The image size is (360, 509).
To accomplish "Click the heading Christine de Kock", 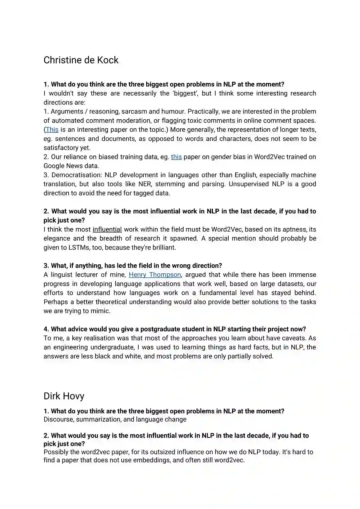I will (x=81, y=60).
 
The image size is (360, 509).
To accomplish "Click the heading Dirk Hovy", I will (x=64, y=396).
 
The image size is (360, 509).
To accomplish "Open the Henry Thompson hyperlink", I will (x=155, y=275).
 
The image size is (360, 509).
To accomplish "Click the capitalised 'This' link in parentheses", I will (x=52, y=130).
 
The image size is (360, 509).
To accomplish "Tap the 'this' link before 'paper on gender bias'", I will (x=176, y=157).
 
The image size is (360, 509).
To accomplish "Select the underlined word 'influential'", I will (x=107, y=229).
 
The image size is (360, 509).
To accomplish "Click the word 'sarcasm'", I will (x=134, y=112).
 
